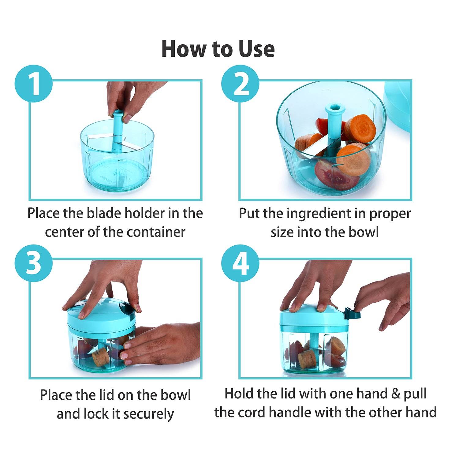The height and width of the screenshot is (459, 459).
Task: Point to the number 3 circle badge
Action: [x=34, y=263]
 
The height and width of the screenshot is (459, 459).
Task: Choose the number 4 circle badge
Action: [x=240, y=263]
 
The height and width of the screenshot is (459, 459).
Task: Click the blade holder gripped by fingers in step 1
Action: [x=117, y=132]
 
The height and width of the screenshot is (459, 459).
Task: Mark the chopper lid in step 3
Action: [x=101, y=314]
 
